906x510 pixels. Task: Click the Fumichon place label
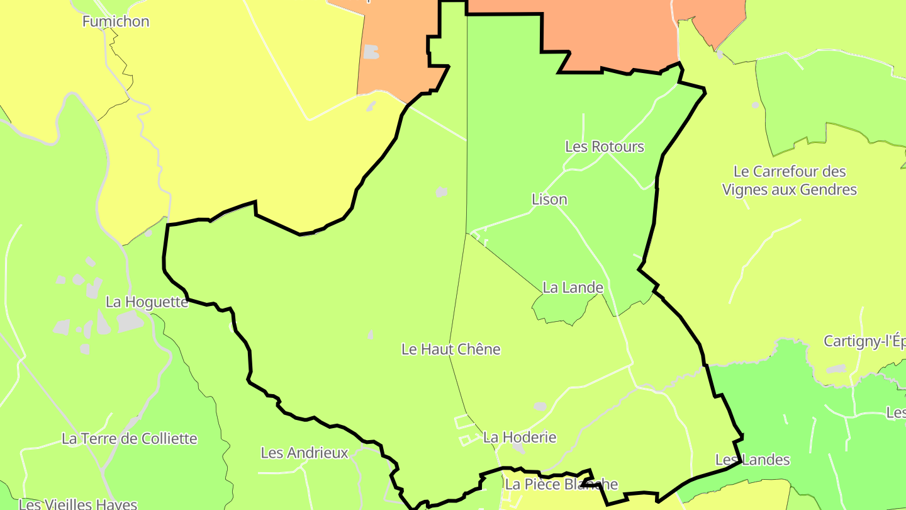tap(116, 21)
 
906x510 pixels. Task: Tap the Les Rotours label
tap(605, 147)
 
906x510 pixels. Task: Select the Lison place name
tap(549, 200)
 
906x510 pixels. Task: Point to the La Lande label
tap(573, 288)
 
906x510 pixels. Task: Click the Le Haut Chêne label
tap(450, 349)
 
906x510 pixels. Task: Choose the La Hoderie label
tap(520, 437)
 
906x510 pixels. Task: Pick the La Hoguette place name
tap(147, 302)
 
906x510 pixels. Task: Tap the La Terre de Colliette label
tap(130, 439)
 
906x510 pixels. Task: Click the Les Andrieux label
tap(305, 453)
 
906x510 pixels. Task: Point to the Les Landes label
tap(752, 460)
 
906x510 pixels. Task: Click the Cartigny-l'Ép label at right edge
tap(864, 341)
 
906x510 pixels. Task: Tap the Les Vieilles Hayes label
tap(78, 504)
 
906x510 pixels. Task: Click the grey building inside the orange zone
tap(371, 52)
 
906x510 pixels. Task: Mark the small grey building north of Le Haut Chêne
tap(442, 191)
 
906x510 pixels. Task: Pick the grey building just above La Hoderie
tap(540, 407)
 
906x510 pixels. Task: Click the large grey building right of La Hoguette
tap(130, 321)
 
